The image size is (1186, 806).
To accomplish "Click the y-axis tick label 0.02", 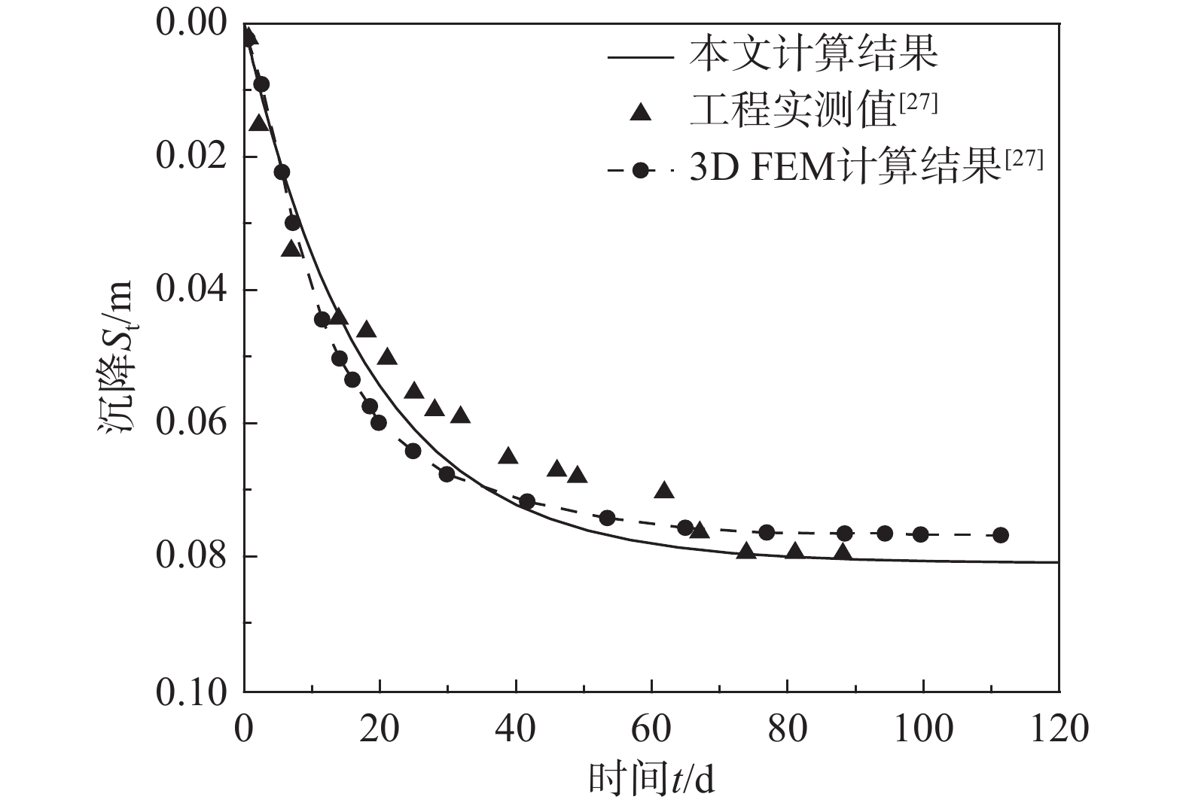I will [191, 157].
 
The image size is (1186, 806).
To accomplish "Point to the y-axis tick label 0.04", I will [191, 290].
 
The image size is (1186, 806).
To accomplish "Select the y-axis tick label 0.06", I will [191, 423].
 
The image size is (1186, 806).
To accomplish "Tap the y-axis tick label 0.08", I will [191, 557].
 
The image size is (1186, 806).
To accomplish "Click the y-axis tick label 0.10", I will [191, 691].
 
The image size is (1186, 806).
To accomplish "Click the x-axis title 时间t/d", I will [651, 780].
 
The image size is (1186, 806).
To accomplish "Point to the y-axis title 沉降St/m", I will [116, 357].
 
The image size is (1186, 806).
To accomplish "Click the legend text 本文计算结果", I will [813, 54].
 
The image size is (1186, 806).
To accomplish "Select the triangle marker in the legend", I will [641, 113].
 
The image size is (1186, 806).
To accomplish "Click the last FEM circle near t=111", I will [1000, 535].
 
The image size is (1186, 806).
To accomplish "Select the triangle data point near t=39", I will [508, 456].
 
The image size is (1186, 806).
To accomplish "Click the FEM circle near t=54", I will [607, 518].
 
